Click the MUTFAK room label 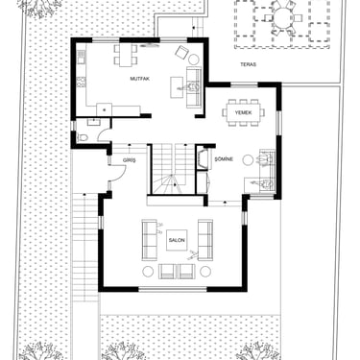click(x=140, y=79)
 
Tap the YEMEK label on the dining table click(x=244, y=112)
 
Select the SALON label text click(x=177, y=240)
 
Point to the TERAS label click(x=249, y=64)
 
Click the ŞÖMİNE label click(x=224, y=159)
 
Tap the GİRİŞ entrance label click(x=130, y=160)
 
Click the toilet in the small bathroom click(x=83, y=137)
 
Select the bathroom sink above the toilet click(x=94, y=122)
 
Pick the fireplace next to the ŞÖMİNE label click(x=204, y=157)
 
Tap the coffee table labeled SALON click(x=177, y=240)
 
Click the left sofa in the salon click(x=150, y=240)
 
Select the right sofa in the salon click(x=205, y=240)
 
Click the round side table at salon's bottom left click(x=148, y=272)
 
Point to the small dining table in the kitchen click(x=126, y=55)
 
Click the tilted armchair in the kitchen click(x=182, y=53)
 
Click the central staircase click(x=173, y=169)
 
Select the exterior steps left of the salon click(x=84, y=248)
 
